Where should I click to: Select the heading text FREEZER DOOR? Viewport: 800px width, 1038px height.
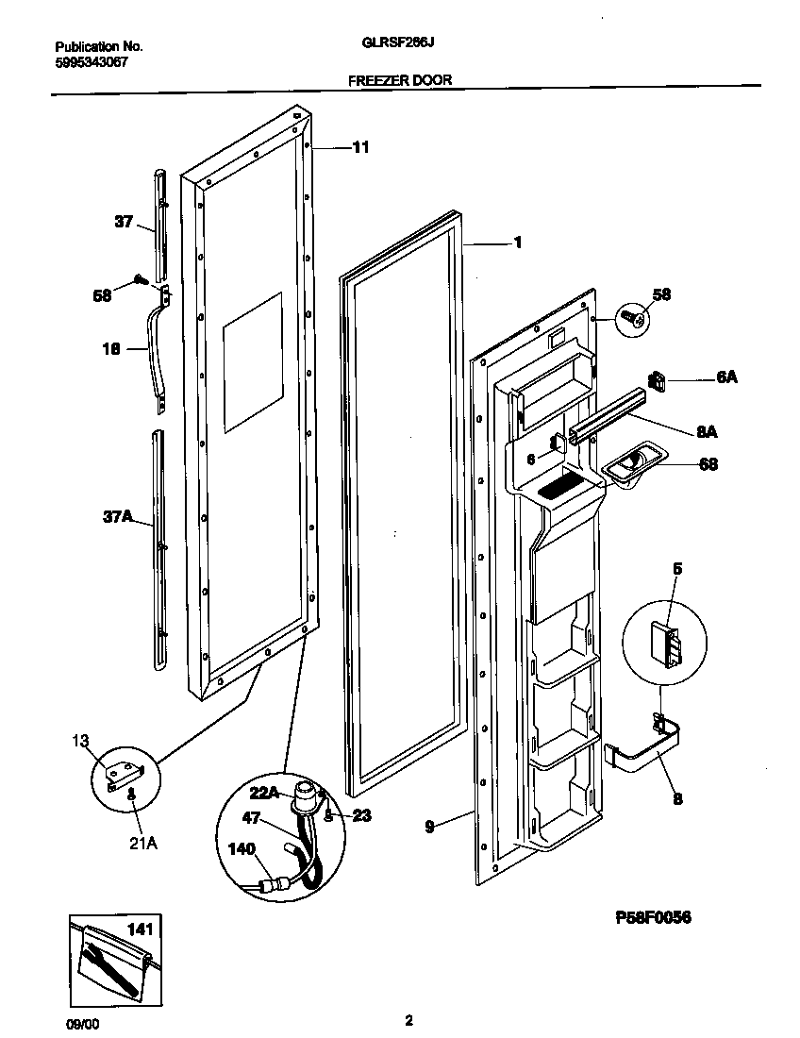[x=400, y=80]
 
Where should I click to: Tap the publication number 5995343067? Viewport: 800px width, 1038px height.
[x=92, y=61]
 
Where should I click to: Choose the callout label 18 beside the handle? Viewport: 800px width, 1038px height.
[x=110, y=348]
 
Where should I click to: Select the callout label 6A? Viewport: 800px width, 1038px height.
[x=726, y=377]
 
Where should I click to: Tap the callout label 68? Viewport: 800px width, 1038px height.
[x=708, y=463]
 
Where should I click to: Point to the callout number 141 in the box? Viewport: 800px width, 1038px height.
[x=139, y=929]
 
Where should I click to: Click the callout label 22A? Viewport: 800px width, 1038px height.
[x=264, y=794]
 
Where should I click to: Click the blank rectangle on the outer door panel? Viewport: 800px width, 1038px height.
[x=252, y=362]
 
